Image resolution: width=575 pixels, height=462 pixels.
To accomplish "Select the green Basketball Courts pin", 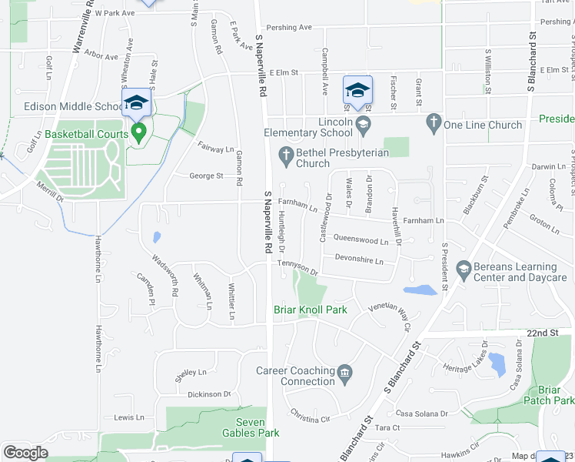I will [x=138, y=132].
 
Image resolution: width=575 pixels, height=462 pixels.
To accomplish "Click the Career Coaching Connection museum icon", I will [x=344, y=375].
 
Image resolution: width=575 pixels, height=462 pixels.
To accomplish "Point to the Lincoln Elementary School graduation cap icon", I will [x=364, y=123].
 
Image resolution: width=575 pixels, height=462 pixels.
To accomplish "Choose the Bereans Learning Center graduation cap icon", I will [x=464, y=268].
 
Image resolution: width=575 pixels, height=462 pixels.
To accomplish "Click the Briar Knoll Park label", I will [x=311, y=310].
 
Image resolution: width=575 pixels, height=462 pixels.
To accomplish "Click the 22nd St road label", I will [x=542, y=332].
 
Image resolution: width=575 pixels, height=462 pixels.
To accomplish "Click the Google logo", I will [x=25, y=453].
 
